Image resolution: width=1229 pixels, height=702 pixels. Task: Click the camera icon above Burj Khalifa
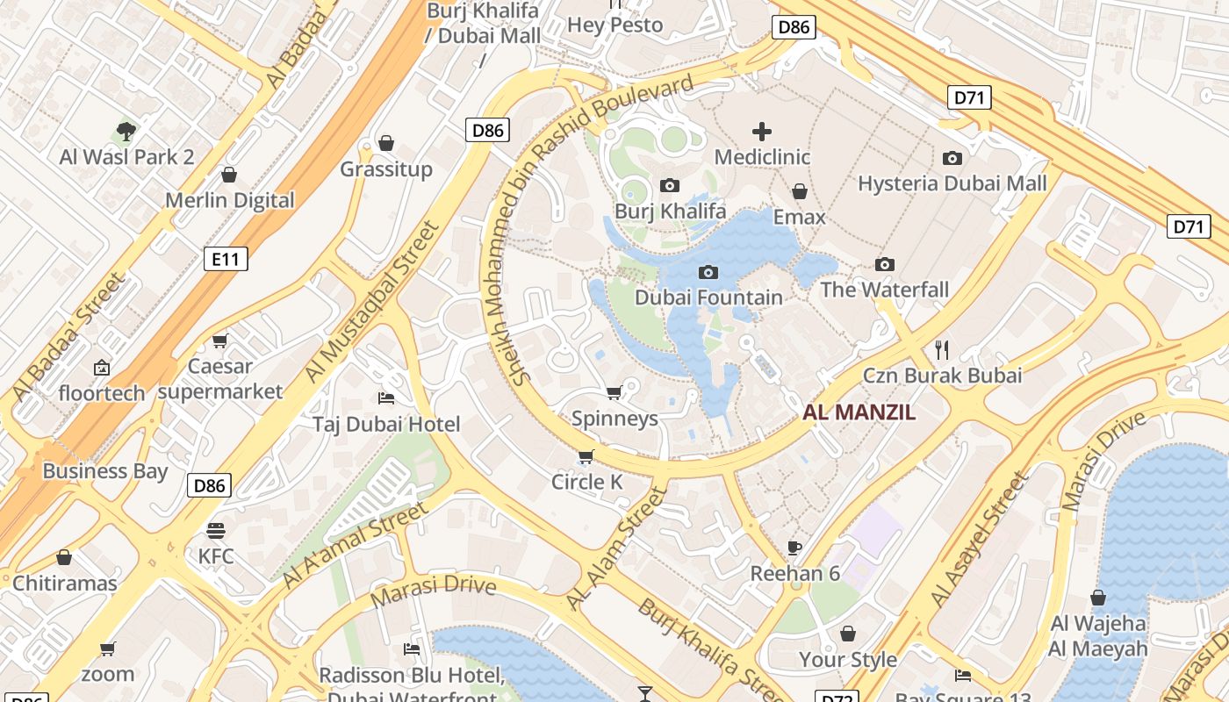coord(670,185)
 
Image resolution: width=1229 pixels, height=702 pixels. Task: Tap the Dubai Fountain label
coord(708,297)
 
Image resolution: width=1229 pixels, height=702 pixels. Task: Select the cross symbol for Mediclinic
coord(761,132)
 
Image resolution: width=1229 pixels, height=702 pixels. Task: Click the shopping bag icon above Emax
coord(799,191)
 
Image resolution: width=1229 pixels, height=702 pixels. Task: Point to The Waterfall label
coord(884,290)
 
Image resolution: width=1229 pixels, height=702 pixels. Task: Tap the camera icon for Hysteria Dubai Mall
coord(952,158)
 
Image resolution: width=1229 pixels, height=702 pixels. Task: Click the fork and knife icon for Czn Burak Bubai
coord(942,350)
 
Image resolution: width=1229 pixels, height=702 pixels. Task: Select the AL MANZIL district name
coord(859,412)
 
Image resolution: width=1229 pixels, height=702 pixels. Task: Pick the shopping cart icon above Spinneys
coord(614,392)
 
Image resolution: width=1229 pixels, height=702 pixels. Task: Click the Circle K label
coord(586,482)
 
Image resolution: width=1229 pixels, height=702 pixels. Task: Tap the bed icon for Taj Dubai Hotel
coord(385,398)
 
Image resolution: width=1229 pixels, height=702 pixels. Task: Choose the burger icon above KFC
coord(216,530)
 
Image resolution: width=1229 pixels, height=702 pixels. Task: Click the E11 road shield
coord(226,259)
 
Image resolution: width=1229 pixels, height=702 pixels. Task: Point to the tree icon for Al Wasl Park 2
coord(126,132)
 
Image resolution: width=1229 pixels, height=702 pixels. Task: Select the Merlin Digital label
coord(230,200)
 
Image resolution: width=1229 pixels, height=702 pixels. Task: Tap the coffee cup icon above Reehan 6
coord(794,548)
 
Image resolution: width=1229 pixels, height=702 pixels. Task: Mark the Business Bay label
coord(104,471)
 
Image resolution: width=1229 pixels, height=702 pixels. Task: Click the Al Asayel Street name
coord(979,541)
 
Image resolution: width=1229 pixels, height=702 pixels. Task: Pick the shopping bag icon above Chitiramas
coord(64,557)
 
